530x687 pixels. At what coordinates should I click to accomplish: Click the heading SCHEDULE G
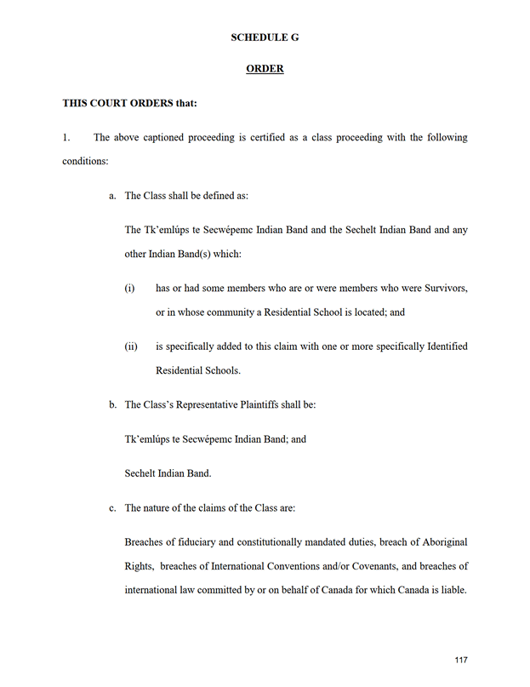pos(265,37)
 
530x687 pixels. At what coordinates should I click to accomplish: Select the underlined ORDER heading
pos(265,69)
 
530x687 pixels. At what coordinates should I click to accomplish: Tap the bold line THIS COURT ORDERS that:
pos(130,104)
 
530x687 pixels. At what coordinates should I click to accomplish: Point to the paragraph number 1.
pos(66,137)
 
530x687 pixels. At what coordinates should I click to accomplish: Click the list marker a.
pos(112,196)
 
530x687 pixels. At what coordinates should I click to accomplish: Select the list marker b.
pos(112,404)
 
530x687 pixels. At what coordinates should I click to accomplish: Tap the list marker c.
pos(112,508)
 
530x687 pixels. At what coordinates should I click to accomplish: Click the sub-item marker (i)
pos(130,289)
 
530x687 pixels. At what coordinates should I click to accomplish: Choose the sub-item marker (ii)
pos(131,346)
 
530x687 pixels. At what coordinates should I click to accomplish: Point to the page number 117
pos(461,660)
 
